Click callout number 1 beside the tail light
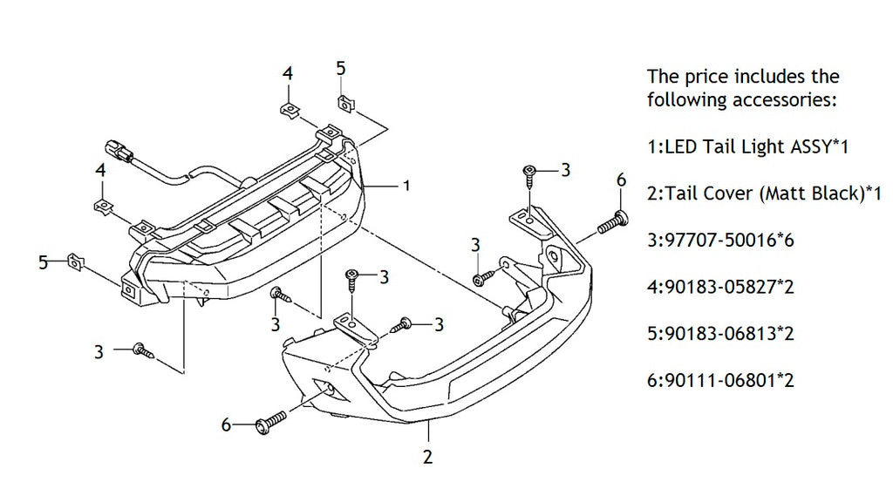(406, 186)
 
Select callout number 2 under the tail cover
(427, 455)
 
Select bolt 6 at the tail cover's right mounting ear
(610, 221)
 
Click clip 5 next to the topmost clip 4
(345, 103)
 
